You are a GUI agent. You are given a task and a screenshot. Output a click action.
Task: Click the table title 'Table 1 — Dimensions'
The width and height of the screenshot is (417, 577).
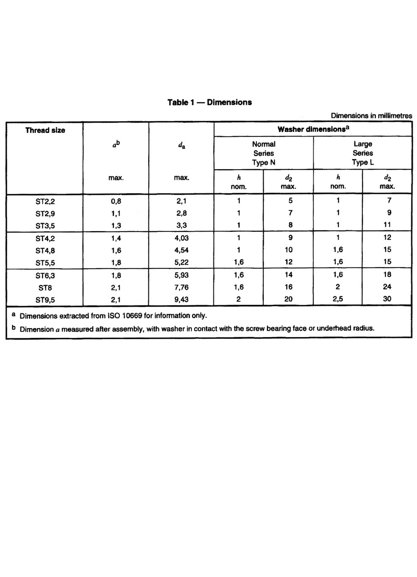pyautogui.click(x=210, y=102)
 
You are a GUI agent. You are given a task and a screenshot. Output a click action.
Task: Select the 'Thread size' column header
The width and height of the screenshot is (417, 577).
pyautogui.click(x=45, y=130)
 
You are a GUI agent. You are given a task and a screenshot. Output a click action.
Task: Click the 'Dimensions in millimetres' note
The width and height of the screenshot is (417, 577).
pyautogui.click(x=371, y=115)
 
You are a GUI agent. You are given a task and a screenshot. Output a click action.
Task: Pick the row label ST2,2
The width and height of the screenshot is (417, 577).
pyautogui.click(x=45, y=201)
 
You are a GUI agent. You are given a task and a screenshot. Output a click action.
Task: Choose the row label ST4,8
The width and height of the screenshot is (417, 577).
pyautogui.click(x=45, y=251)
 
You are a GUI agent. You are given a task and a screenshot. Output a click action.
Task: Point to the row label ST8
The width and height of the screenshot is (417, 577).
pyautogui.click(x=45, y=288)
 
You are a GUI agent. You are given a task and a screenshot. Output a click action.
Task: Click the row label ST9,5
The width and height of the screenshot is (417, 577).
pyautogui.click(x=45, y=300)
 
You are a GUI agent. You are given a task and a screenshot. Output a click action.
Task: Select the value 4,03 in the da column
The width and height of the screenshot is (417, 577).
pyautogui.click(x=181, y=238)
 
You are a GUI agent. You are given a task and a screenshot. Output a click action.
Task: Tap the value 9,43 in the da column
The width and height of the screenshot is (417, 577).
pyautogui.click(x=181, y=299)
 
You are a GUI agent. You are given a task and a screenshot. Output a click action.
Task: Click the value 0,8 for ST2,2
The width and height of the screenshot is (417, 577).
pyautogui.click(x=116, y=201)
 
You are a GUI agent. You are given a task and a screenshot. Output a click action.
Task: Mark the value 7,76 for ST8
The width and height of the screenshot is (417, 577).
pyautogui.click(x=181, y=287)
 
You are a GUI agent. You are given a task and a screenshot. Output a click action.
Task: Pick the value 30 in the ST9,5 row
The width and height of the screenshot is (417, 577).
pyautogui.click(x=387, y=299)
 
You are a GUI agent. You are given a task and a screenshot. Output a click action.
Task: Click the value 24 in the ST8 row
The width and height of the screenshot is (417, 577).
pyautogui.click(x=387, y=287)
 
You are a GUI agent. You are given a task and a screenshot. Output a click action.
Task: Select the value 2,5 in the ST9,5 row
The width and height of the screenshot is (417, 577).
pyautogui.click(x=338, y=299)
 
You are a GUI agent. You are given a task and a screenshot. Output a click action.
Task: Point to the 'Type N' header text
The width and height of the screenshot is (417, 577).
pyautogui.click(x=263, y=162)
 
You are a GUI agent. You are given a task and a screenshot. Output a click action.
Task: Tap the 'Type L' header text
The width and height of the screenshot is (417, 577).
pyautogui.click(x=363, y=162)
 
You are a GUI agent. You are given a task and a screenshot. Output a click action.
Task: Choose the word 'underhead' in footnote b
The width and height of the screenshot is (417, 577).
pyautogui.click(x=334, y=328)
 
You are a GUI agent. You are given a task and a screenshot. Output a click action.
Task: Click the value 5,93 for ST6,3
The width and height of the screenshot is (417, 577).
pyautogui.click(x=181, y=276)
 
